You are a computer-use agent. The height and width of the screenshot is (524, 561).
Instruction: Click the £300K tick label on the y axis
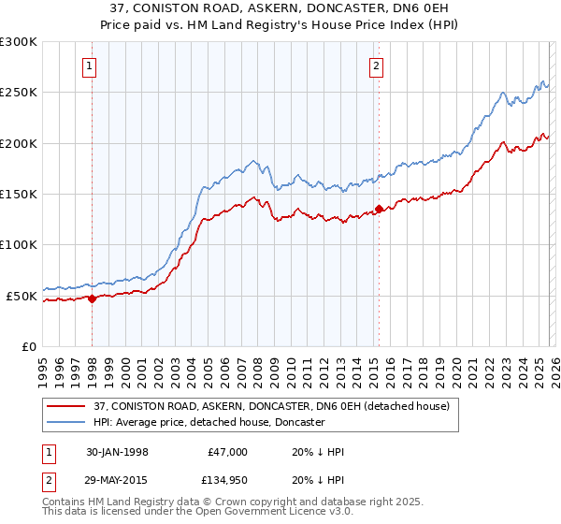(20, 42)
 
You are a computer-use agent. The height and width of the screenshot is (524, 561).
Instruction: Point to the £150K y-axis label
(20, 194)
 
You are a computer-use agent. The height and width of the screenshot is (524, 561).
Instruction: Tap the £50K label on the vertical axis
(23, 296)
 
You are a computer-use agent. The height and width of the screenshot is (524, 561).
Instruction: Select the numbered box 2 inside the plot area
(375, 65)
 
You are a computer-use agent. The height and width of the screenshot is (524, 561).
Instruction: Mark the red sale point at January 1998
(93, 298)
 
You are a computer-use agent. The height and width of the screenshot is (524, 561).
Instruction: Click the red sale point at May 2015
(379, 209)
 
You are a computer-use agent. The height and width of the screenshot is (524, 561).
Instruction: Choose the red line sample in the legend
(67, 406)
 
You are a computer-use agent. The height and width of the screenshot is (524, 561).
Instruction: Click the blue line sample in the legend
(67, 422)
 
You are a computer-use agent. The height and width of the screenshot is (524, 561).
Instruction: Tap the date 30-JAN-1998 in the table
(116, 452)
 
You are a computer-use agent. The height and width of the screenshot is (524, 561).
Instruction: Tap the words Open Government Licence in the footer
(242, 515)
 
